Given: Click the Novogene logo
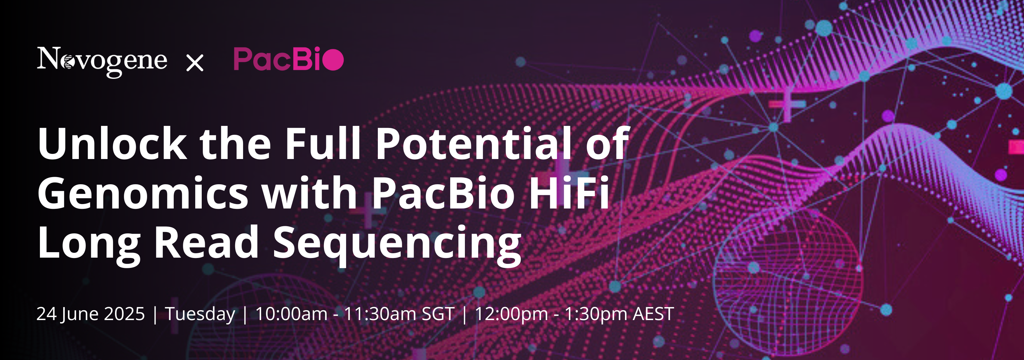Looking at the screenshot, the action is coord(102,61).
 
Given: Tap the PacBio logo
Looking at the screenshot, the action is coord(288,59).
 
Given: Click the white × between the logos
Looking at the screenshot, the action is coord(195,63).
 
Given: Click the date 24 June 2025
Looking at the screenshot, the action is coord(91,314).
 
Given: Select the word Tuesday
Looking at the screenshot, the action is coord(200,314).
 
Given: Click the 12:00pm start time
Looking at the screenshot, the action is coord(512,314).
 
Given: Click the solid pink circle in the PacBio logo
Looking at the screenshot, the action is coord(333,60).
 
